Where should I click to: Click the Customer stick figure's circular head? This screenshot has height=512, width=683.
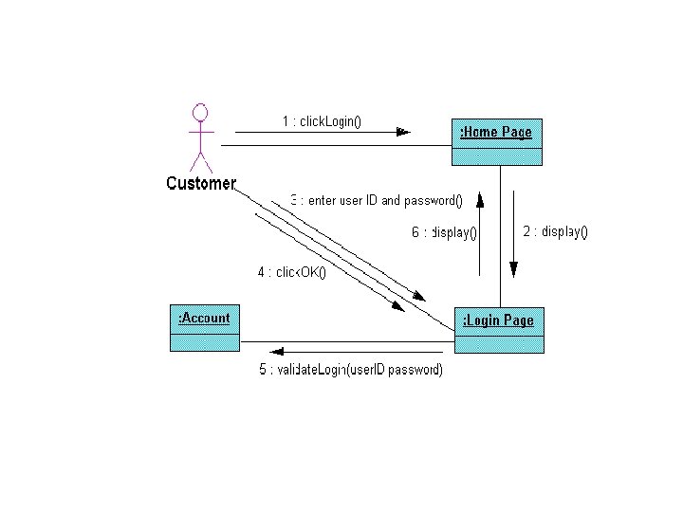click(200, 112)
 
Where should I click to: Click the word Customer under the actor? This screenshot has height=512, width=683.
click(201, 184)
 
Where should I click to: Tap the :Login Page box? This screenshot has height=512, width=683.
click(499, 329)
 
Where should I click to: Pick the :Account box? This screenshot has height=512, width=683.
click(205, 327)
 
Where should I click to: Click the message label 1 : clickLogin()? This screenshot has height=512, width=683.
click(322, 121)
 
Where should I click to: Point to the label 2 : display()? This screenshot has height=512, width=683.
click(555, 231)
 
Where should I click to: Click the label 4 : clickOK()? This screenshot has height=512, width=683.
click(291, 273)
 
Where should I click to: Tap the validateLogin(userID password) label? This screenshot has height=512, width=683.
click(351, 370)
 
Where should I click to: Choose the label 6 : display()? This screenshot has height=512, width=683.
click(443, 232)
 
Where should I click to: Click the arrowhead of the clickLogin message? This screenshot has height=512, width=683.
click(403, 132)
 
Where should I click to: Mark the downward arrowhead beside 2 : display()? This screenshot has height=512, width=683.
click(513, 269)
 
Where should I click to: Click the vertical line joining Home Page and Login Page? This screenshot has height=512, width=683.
click(500, 237)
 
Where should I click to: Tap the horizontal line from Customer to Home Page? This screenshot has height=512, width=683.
click(332, 145)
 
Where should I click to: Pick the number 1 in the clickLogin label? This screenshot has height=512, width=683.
click(286, 121)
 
